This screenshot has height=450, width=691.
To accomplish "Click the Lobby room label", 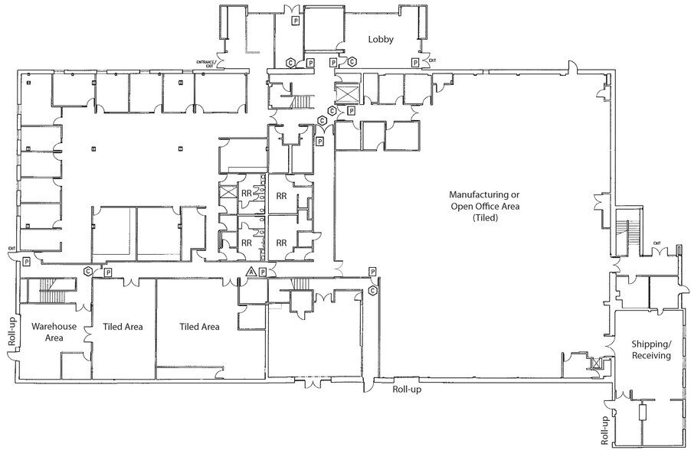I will pos(381,40).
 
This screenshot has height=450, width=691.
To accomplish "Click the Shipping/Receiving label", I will pos(652,350).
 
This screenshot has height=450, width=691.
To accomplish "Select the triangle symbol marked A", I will pos(250,271).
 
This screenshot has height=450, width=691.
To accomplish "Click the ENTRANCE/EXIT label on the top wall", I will pos(207,64).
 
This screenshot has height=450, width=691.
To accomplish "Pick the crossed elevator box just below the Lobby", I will pos(347,93).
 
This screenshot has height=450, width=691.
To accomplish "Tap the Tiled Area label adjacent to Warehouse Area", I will pos(123,327).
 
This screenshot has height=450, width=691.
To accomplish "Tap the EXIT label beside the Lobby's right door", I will pos(432,60).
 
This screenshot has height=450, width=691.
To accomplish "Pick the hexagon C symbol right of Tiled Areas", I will pos(372,291).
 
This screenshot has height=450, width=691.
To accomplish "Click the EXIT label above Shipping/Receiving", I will pos(657,243).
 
